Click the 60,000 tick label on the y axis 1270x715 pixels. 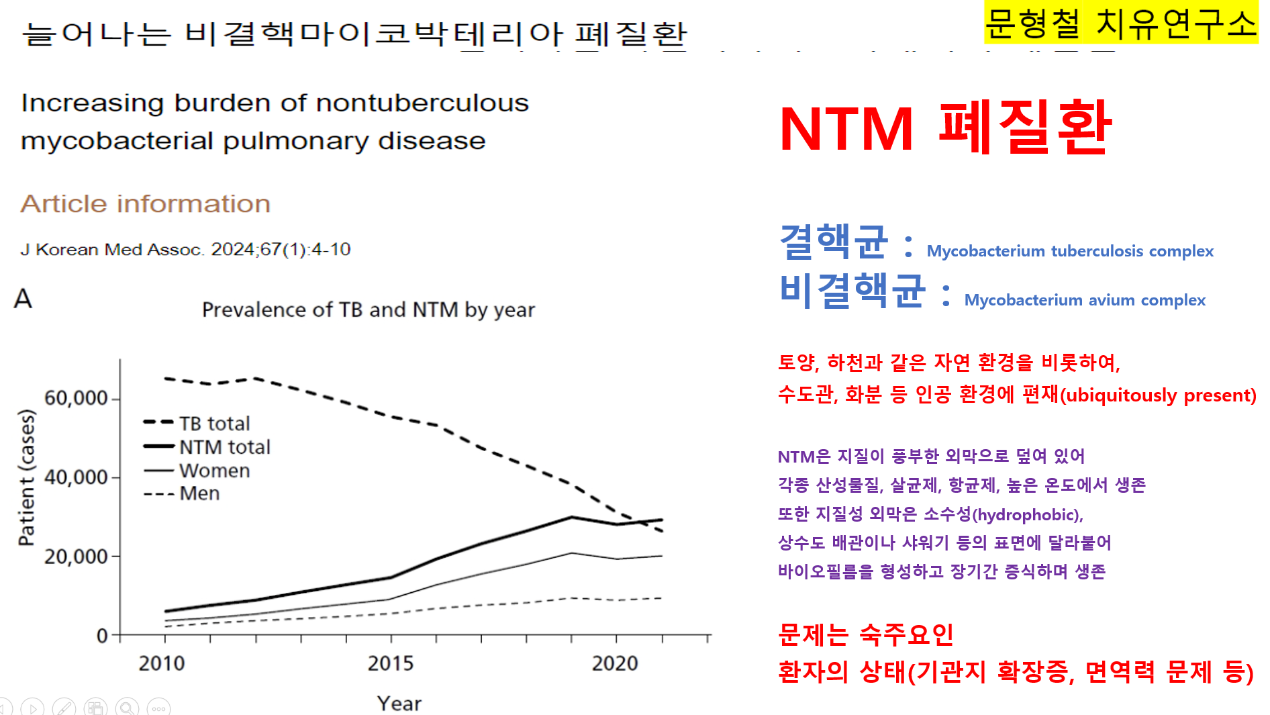75,398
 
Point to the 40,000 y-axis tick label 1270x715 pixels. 75,477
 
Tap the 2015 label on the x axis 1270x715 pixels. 391,663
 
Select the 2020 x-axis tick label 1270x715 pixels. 615,663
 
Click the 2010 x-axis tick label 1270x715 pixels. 162,663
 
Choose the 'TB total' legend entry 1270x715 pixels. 214,424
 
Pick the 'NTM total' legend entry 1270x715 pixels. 224,447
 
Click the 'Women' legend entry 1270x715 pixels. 214,471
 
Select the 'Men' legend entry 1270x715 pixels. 199,493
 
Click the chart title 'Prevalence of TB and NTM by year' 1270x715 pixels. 368,309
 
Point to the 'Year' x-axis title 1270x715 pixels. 399,703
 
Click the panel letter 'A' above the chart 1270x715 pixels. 23,298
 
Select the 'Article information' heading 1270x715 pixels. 145,203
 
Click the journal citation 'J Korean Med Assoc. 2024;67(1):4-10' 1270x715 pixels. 185,250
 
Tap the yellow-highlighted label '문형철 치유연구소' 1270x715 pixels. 1120,23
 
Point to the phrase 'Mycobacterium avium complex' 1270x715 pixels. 1084,300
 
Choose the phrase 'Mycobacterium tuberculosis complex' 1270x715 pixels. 1070,251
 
